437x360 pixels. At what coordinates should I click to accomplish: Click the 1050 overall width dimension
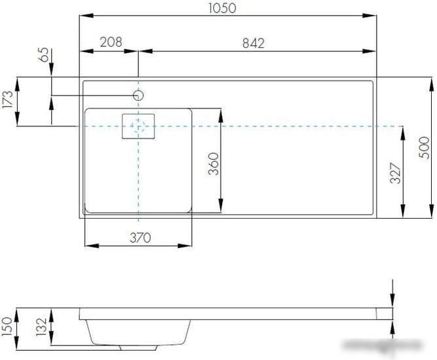(x=222, y=8)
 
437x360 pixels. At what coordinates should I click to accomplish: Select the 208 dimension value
(x=111, y=42)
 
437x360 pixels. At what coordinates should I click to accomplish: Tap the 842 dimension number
(x=253, y=43)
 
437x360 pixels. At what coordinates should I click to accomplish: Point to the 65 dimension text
(x=43, y=54)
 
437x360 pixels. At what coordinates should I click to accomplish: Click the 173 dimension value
(x=7, y=99)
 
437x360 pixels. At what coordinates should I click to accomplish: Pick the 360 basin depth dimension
(x=214, y=164)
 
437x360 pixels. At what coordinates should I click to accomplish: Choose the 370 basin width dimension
(x=140, y=238)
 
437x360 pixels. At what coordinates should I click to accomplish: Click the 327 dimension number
(x=395, y=173)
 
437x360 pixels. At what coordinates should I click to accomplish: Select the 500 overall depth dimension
(x=424, y=147)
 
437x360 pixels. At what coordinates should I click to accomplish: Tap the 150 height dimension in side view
(x=7, y=327)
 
